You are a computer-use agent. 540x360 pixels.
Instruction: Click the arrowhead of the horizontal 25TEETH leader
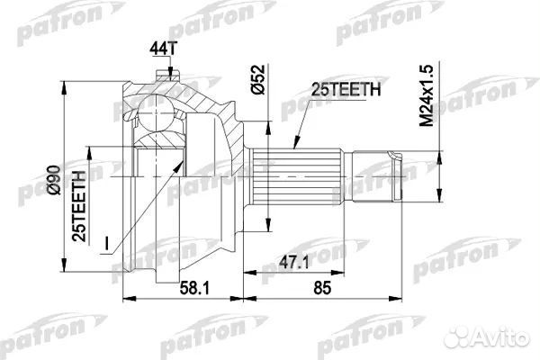click(298, 147)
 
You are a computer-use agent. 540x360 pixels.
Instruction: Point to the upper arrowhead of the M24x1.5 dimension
click(437, 151)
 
